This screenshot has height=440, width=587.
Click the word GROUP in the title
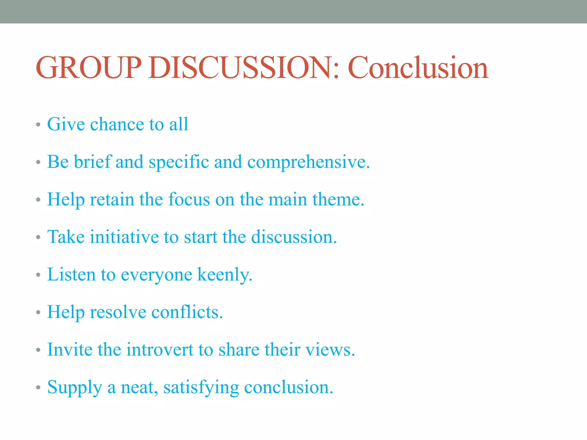pos(89,68)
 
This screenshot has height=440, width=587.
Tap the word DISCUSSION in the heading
pos(240,68)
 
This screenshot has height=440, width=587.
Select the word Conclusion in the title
pos(418,68)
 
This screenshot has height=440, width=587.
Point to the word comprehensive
pos(308,162)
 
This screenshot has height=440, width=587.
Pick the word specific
pos(179,162)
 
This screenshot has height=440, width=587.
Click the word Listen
pos(71,274)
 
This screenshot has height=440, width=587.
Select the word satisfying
pos(201,388)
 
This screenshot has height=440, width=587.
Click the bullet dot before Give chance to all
pos(38,125)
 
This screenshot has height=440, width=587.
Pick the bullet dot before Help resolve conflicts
pos(38,313)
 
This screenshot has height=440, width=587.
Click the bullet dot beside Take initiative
pos(38,238)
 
